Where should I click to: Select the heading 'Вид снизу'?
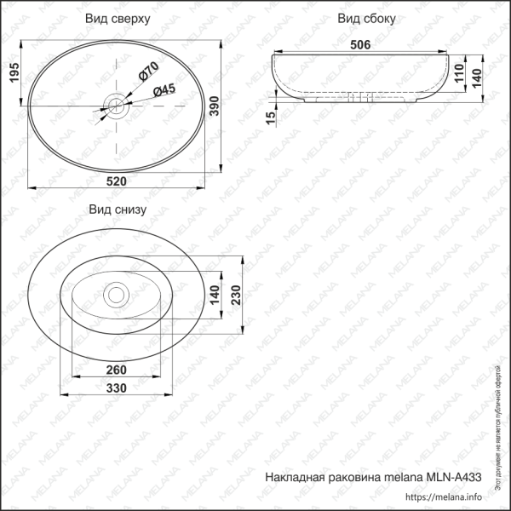(118, 209)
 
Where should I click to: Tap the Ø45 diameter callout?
(164, 90)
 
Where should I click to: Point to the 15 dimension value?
(270, 116)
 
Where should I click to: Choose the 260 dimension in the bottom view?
(118, 370)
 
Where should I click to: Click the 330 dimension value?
(118, 388)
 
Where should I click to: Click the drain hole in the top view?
(116, 106)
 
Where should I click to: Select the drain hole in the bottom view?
(115, 295)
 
